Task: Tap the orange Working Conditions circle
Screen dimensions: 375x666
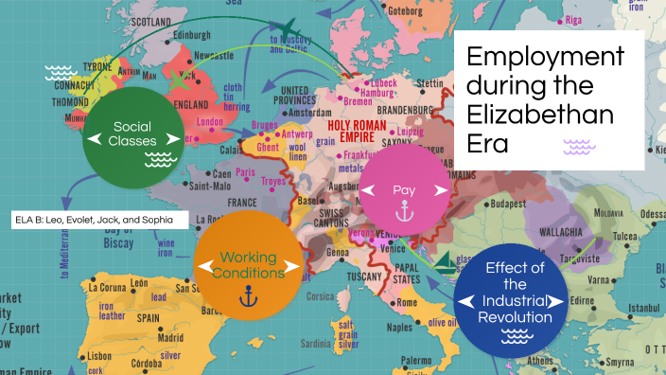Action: pos(248,264)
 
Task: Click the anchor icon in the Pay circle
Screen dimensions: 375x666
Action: pos(405,213)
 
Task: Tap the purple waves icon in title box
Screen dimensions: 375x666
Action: pos(577,146)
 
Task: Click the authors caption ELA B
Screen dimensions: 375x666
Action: pos(100,219)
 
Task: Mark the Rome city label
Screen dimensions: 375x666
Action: pos(407,302)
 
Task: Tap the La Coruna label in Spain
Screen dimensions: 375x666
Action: pos(112,285)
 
